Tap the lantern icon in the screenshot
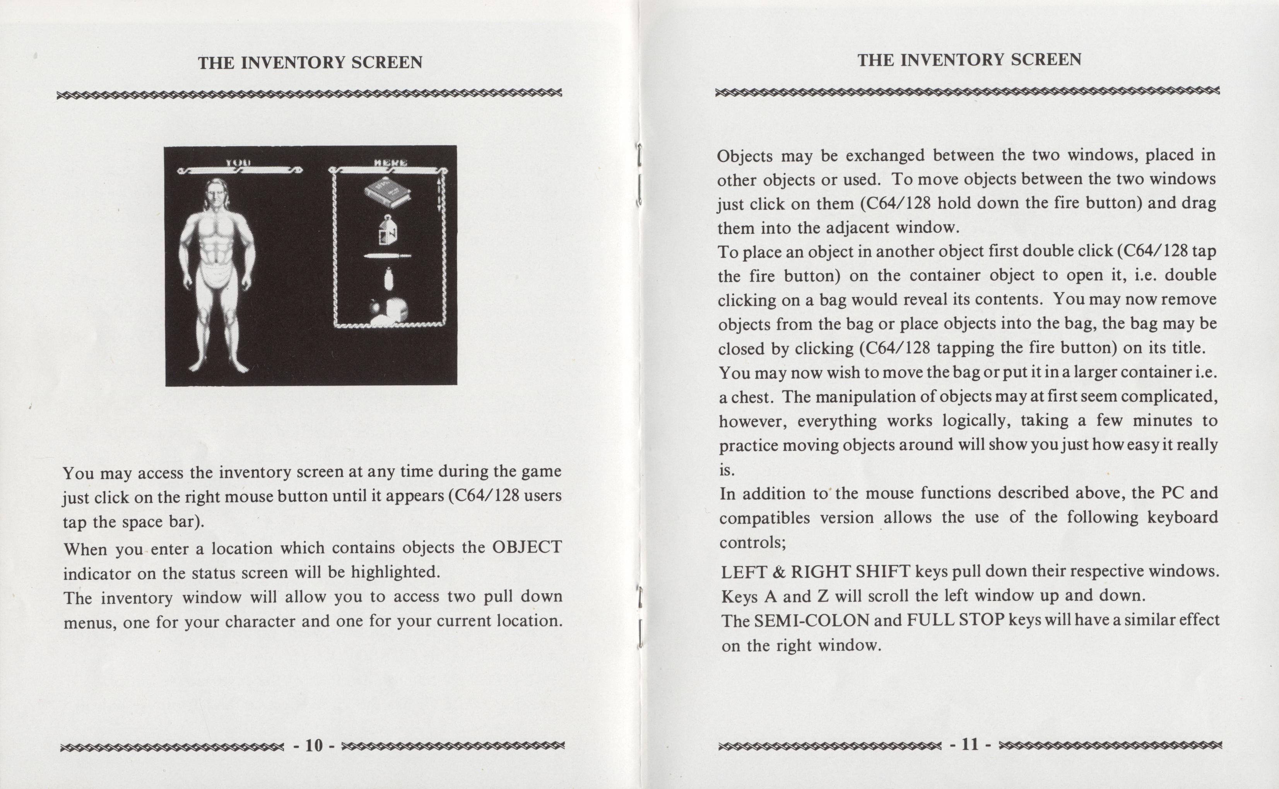388,230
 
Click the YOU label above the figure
238,163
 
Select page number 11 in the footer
970,744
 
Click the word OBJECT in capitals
527,547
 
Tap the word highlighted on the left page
395,572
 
